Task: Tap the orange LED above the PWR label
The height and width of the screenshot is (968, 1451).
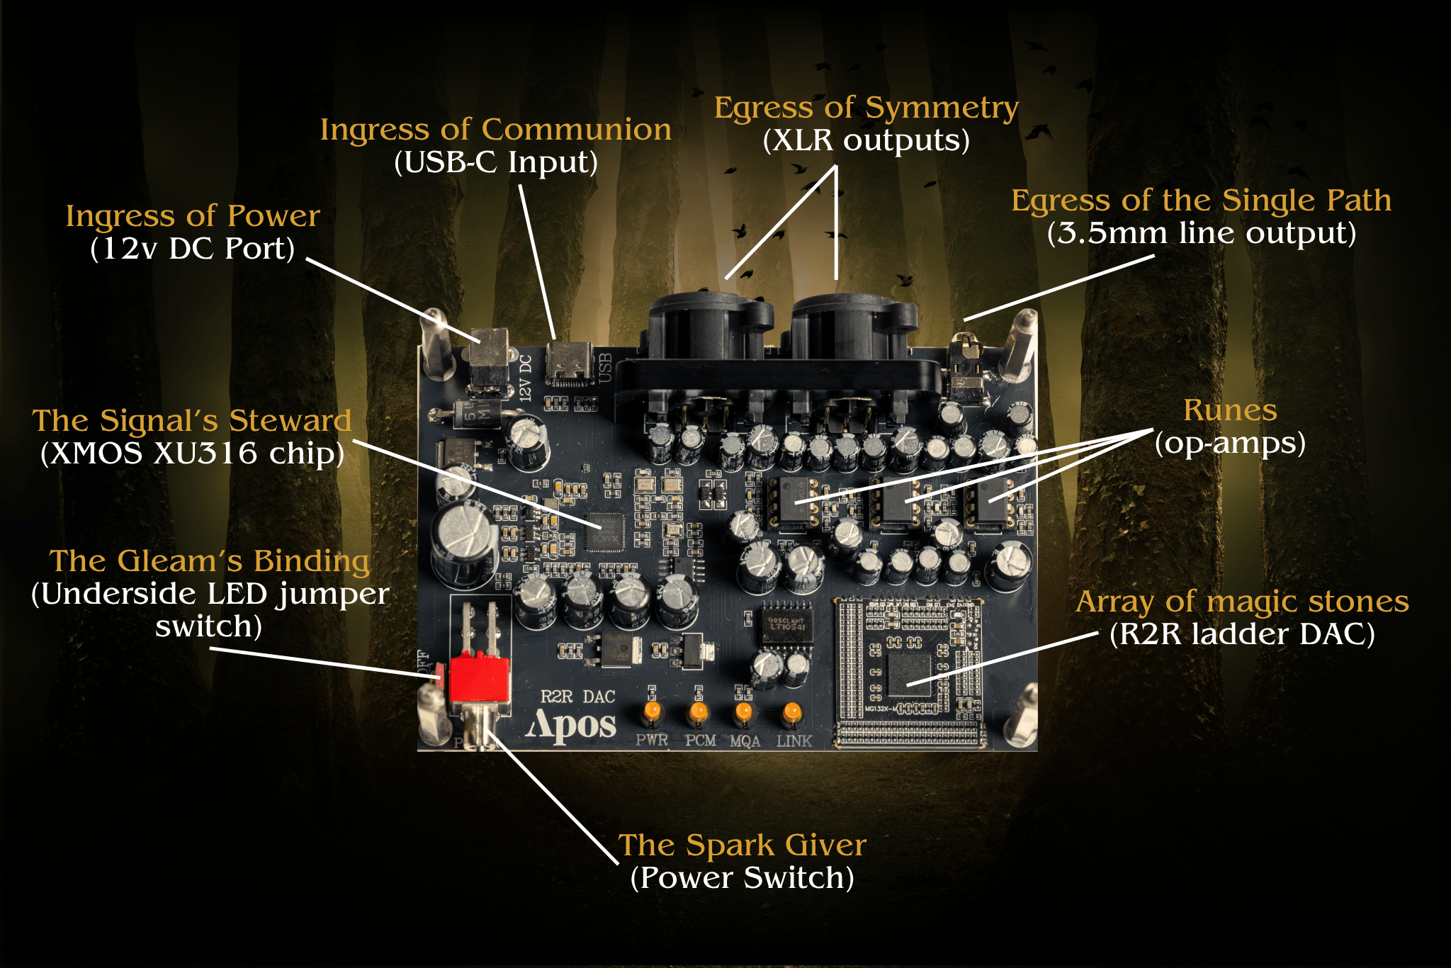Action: pyautogui.click(x=652, y=710)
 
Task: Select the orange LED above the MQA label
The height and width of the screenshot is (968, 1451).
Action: pyautogui.click(x=743, y=711)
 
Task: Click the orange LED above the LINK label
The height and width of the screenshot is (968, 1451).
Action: pyautogui.click(x=791, y=711)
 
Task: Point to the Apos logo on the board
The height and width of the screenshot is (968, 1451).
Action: pyautogui.click(x=571, y=724)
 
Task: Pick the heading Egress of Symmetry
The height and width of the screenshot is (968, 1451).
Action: pyautogui.click(x=866, y=108)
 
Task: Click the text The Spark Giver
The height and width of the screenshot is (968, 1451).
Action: pyautogui.click(x=742, y=845)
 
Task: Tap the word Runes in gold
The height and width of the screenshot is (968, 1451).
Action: pyautogui.click(x=1230, y=410)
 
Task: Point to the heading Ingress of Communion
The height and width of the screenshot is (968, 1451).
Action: pyautogui.click(x=495, y=130)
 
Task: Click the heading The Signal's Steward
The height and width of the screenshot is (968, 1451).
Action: pyautogui.click(x=192, y=421)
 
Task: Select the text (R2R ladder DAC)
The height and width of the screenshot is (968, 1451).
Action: pyautogui.click(x=1241, y=634)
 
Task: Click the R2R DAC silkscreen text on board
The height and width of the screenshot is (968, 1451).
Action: pyautogui.click(x=577, y=697)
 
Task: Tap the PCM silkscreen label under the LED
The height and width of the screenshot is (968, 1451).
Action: pyautogui.click(x=700, y=741)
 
